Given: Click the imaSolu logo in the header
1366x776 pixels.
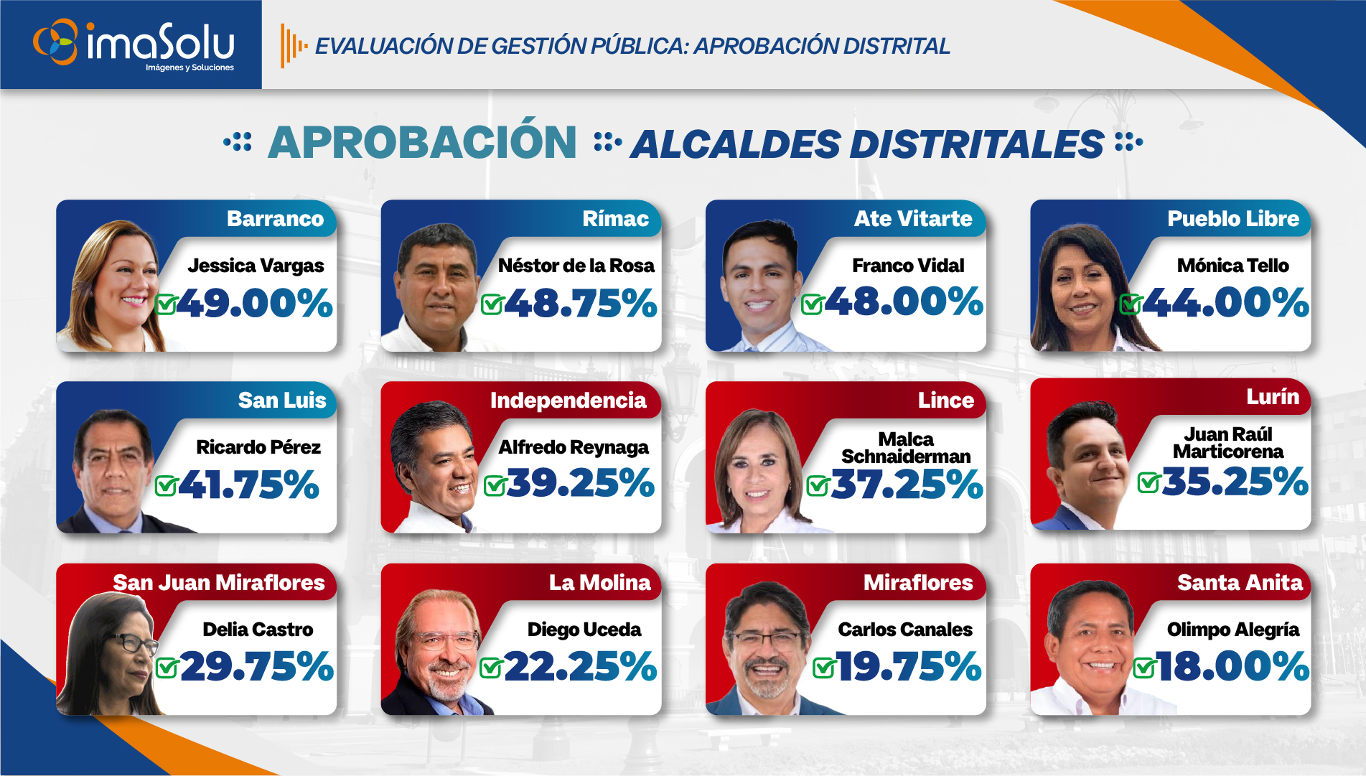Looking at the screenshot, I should click(x=134, y=44).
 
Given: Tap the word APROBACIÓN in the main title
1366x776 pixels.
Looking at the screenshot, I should click(x=422, y=142).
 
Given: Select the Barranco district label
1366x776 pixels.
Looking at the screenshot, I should click(x=275, y=219).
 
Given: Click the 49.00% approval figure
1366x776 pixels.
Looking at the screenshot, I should click(x=254, y=303).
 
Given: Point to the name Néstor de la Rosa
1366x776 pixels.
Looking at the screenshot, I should click(x=576, y=266).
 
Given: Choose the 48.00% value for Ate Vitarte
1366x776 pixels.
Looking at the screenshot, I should click(x=904, y=301).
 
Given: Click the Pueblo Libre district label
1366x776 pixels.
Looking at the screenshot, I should click(x=1232, y=219).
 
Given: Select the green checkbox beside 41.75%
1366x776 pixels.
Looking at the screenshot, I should click(x=166, y=486).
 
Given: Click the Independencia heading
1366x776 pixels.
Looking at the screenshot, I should click(x=568, y=401).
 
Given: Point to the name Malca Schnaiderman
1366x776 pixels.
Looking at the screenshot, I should click(x=905, y=448).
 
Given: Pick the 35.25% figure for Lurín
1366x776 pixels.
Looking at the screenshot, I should click(x=1235, y=482).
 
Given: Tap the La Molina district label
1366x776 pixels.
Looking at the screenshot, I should click(x=599, y=582).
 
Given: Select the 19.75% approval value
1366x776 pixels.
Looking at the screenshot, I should click(x=909, y=667).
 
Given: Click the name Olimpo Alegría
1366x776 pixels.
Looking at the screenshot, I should click(x=1232, y=630).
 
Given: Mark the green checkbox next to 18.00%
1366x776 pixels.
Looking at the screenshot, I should click(x=1143, y=668).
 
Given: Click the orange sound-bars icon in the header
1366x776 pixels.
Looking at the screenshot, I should click(x=293, y=46).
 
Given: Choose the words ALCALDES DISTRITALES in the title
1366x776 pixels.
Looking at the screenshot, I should click(x=866, y=144).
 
